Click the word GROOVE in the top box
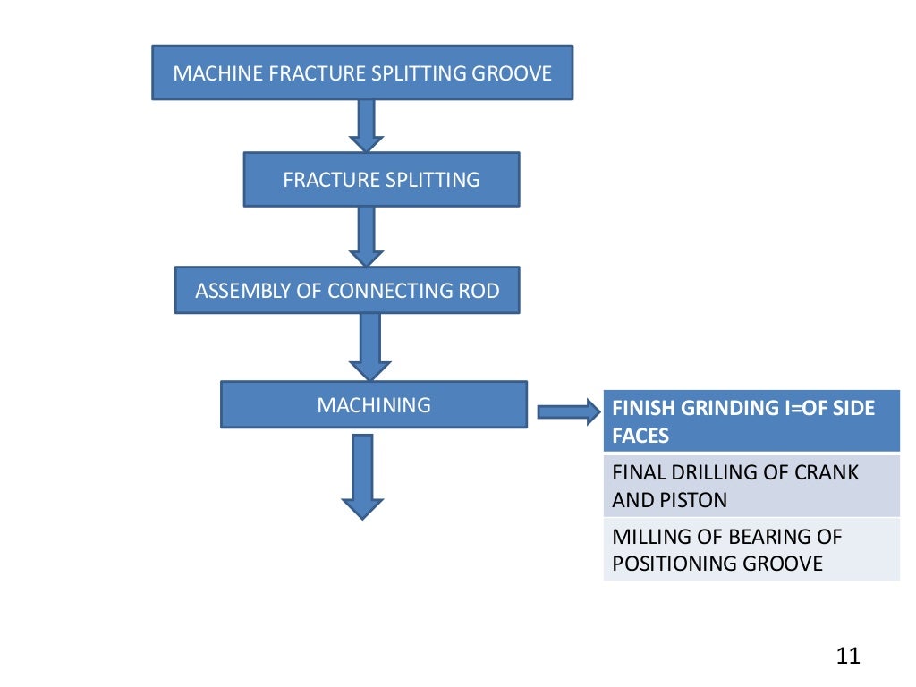(x=513, y=73)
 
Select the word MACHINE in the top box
(x=207, y=73)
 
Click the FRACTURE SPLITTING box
(x=381, y=180)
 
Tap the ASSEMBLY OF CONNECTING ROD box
(x=347, y=291)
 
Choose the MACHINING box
(x=374, y=405)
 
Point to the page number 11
(x=847, y=656)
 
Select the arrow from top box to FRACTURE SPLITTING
(x=366, y=125)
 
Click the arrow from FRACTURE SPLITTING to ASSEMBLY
(x=366, y=236)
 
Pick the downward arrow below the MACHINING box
(x=362, y=476)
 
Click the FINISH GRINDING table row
(x=751, y=421)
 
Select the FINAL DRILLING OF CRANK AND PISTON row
(x=751, y=486)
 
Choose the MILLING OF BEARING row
(x=751, y=550)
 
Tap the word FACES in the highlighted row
(x=640, y=437)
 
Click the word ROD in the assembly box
(x=482, y=291)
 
